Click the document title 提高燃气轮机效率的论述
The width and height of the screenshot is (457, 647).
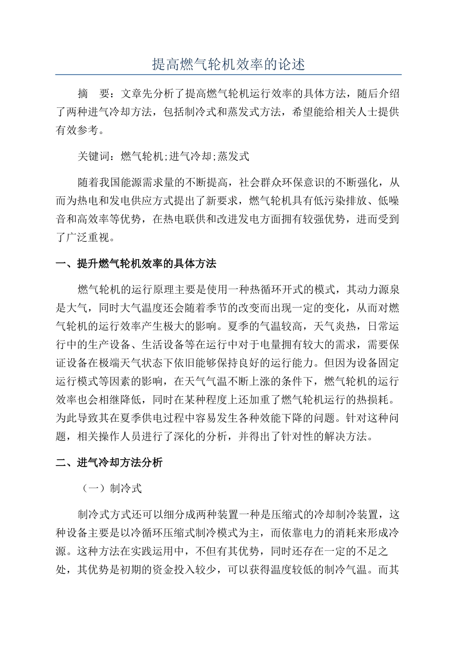228,65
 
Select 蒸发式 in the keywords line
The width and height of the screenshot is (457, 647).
233,156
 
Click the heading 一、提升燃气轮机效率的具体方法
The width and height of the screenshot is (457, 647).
136,263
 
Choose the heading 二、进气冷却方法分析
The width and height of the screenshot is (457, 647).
109,463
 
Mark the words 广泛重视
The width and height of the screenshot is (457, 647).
88,237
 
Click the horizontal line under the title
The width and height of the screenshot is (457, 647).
228,75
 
